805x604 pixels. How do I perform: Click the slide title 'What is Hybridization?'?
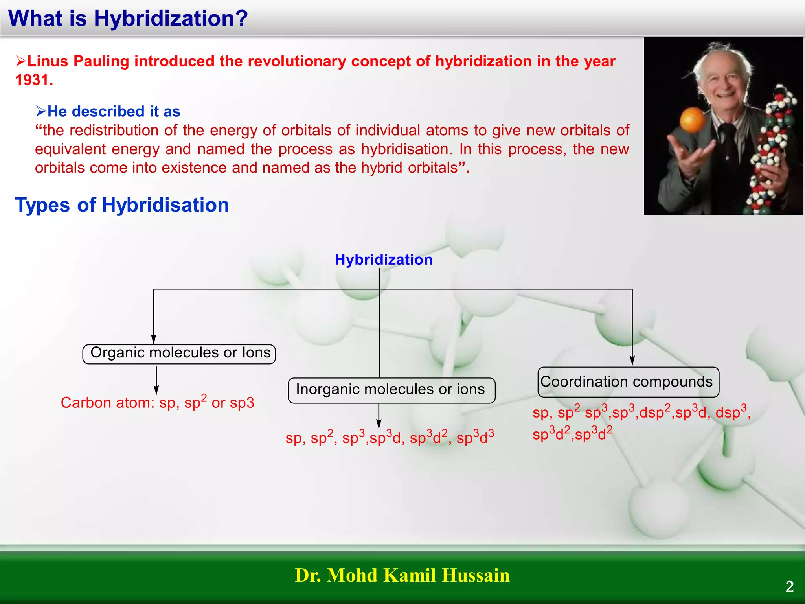[128, 18]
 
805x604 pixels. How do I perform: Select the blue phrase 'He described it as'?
[113, 112]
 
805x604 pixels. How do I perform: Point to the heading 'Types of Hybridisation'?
[122, 205]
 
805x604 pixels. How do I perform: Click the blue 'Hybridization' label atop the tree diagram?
[383, 260]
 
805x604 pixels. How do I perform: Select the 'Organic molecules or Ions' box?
[179, 354]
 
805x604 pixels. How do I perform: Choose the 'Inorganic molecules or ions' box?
[391, 390]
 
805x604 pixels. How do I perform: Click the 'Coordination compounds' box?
[628, 382]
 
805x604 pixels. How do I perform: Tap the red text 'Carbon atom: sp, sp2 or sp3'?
[157, 403]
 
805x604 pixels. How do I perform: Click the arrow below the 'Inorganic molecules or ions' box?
[379, 417]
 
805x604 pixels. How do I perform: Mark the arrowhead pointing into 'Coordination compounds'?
[632, 360]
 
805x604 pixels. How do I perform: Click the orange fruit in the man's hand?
[693, 120]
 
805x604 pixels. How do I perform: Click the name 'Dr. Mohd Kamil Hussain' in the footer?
[402, 575]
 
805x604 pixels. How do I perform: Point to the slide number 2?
[789, 587]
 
